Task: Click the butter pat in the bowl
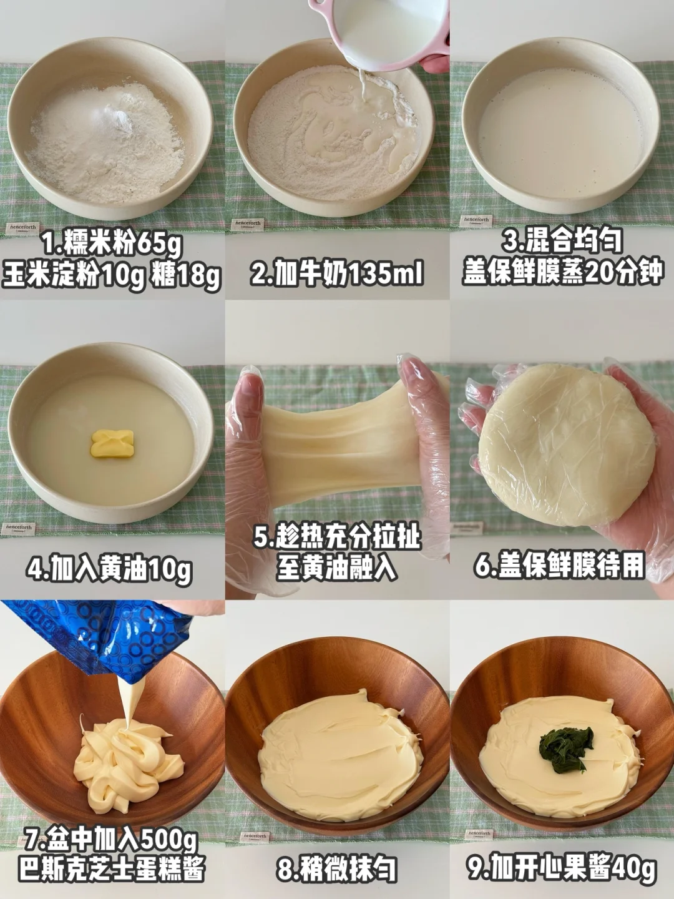point(112,443)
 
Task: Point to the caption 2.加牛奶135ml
point(337,273)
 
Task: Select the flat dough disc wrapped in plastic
point(567,446)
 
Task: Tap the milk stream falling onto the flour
point(362,84)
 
